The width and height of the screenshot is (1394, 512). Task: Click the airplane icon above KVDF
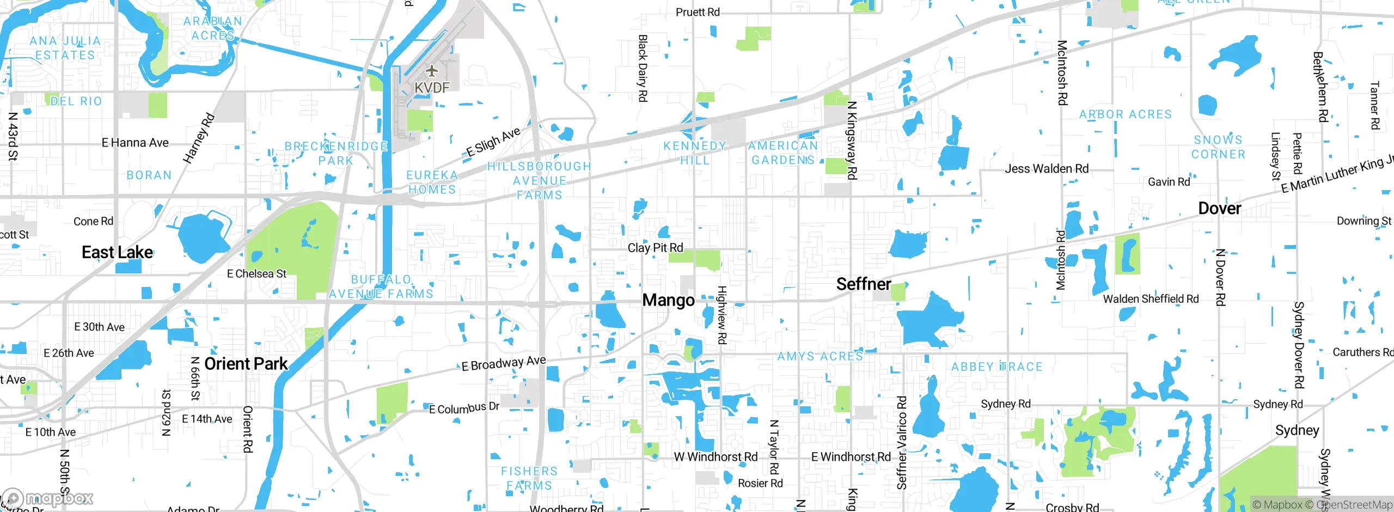[x=431, y=71]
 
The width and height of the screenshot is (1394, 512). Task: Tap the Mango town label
[x=668, y=300]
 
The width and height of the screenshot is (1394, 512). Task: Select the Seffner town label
[x=863, y=284]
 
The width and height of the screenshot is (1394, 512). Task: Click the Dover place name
[x=1219, y=209]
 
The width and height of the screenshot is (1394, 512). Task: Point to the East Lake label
[x=117, y=252]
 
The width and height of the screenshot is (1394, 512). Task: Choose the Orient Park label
[x=246, y=364]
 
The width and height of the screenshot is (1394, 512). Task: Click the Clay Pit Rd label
[x=655, y=248]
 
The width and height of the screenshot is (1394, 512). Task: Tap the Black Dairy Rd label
[x=643, y=68]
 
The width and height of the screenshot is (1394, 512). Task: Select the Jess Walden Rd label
[x=1046, y=169]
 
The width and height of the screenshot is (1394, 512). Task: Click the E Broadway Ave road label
[x=504, y=363]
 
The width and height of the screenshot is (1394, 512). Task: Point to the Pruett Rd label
[x=698, y=12]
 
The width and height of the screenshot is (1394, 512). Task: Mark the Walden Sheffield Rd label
[x=1151, y=299]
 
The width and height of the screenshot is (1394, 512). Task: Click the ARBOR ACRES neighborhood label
[x=1125, y=114]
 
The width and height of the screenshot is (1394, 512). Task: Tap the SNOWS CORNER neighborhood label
[x=1218, y=147]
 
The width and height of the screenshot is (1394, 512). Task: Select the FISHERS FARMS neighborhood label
[x=529, y=478]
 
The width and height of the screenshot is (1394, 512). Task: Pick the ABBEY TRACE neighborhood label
[x=996, y=367]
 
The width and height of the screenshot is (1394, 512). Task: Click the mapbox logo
[x=48, y=498]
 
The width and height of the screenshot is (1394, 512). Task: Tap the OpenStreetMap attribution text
[x=1354, y=505]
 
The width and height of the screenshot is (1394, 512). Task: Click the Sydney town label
[x=1297, y=430]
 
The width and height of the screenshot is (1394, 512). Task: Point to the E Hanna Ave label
[x=135, y=143]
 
